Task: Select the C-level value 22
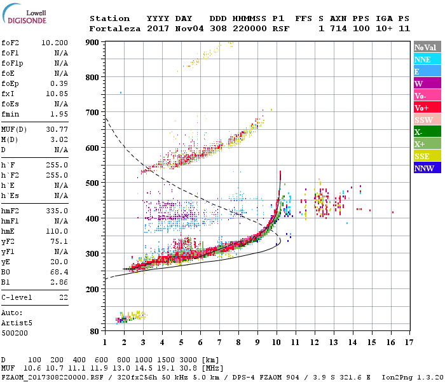coord(63,297)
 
